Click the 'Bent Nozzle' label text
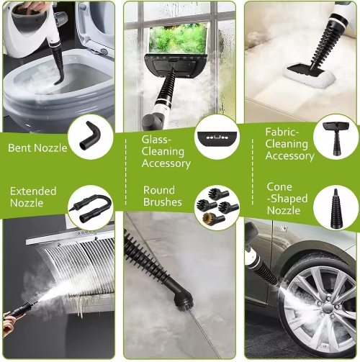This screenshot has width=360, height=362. tap(37, 148)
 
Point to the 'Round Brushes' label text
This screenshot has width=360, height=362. tap(162, 196)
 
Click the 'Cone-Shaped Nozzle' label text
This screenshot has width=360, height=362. tap(287, 198)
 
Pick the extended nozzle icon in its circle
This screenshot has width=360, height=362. tap(92, 207)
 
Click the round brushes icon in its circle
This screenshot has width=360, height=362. tap(217, 207)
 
